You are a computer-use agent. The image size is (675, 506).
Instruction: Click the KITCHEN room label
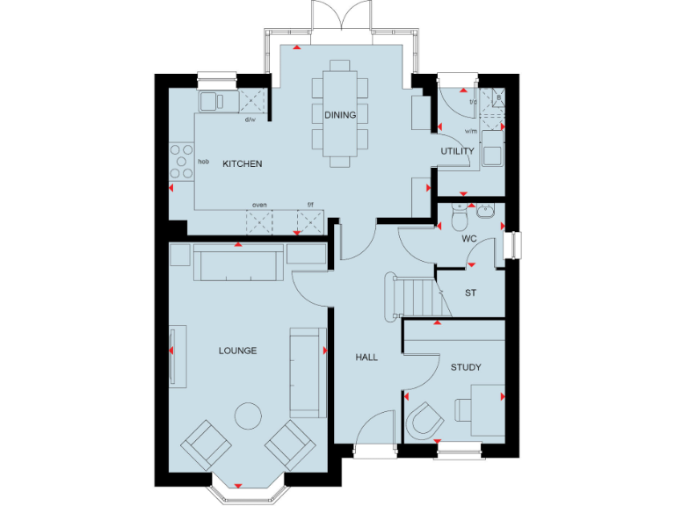(x=242, y=164)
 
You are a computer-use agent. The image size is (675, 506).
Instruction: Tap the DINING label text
(x=339, y=115)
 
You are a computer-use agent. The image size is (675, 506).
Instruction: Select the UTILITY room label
(x=457, y=151)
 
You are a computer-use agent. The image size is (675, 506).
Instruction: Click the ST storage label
(x=470, y=293)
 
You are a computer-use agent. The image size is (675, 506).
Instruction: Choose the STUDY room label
(x=466, y=367)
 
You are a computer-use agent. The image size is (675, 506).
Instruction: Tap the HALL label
(x=367, y=358)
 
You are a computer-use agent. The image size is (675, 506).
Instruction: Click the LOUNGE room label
(x=238, y=351)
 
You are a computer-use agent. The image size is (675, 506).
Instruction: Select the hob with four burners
(x=181, y=162)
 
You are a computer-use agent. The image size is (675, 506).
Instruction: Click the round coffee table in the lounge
(x=247, y=416)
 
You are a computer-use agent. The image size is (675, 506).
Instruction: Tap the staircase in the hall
(x=413, y=297)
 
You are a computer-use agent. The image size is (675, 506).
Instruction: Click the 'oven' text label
(x=259, y=205)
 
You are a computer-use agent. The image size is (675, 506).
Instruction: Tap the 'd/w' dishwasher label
(x=250, y=119)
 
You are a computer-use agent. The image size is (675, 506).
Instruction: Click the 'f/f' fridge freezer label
(x=309, y=205)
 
